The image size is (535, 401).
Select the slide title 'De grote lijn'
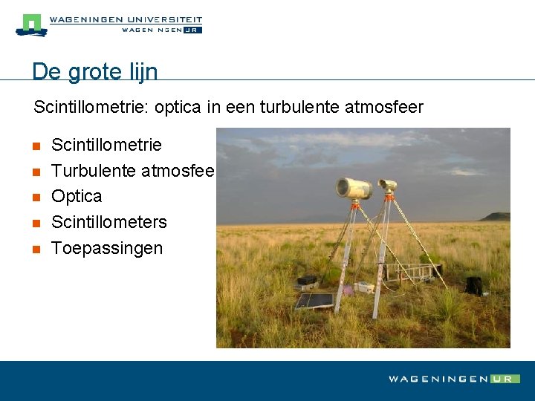(x=95, y=71)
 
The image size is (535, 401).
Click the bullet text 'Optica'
(x=77, y=196)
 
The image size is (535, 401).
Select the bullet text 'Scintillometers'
(x=109, y=222)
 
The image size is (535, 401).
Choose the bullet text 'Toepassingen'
(x=107, y=248)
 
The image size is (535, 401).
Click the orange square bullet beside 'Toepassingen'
(x=36, y=249)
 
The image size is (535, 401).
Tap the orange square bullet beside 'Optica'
(x=36, y=197)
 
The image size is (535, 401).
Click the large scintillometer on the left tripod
(x=354, y=188)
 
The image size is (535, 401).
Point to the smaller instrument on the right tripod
(x=387, y=186)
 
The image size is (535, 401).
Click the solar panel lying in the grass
(x=314, y=301)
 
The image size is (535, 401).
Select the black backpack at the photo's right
(x=473, y=285)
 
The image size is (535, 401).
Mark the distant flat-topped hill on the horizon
(x=496, y=216)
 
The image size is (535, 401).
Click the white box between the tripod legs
(x=363, y=287)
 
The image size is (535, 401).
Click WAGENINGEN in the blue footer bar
(x=438, y=379)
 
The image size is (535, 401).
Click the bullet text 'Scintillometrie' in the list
(x=106, y=144)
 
